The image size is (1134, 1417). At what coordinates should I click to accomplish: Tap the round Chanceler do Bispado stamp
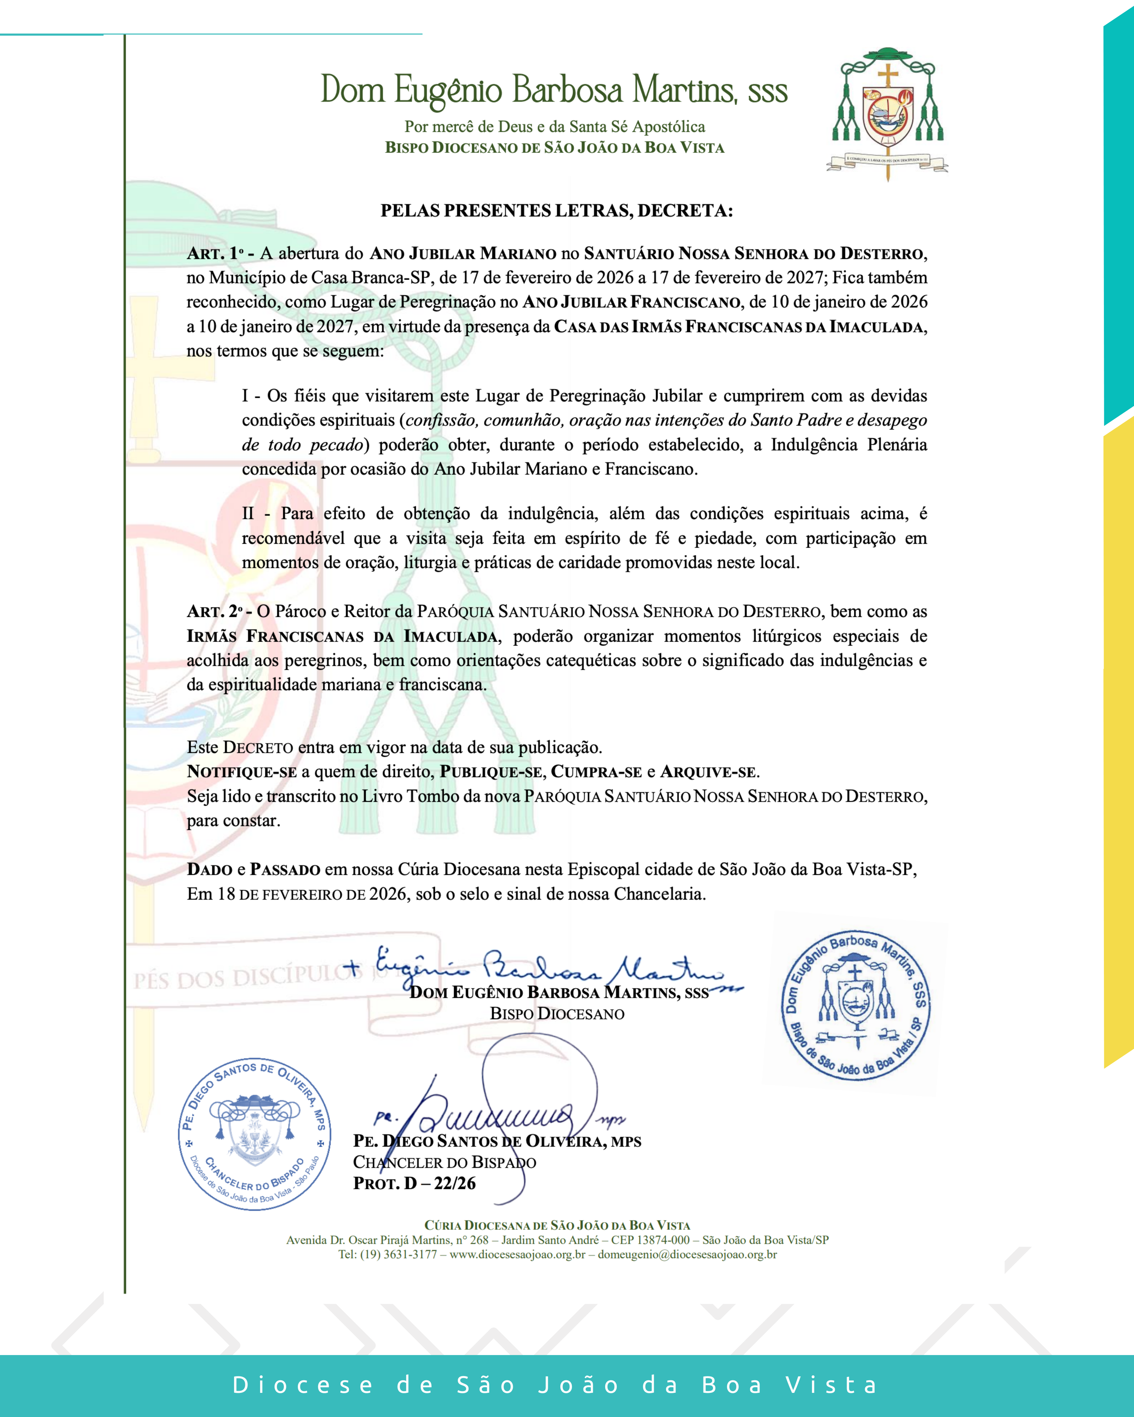click(x=254, y=1134)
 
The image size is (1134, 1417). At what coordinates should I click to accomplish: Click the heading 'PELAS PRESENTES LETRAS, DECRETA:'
click(x=556, y=211)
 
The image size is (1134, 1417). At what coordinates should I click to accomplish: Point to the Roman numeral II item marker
click(x=248, y=513)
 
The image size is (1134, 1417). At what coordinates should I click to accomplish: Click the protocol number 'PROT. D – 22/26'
click(x=414, y=1183)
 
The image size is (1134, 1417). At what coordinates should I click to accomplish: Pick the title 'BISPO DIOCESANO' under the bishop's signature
click(x=557, y=1014)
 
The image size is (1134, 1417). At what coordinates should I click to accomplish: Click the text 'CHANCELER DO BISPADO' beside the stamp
click(x=444, y=1162)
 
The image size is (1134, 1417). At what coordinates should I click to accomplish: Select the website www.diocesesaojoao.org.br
click(x=517, y=1254)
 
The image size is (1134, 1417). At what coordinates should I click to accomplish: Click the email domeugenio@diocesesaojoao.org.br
click(x=687, y=1254)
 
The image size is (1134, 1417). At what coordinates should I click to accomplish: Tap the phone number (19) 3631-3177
click(x=398, y=1254)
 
